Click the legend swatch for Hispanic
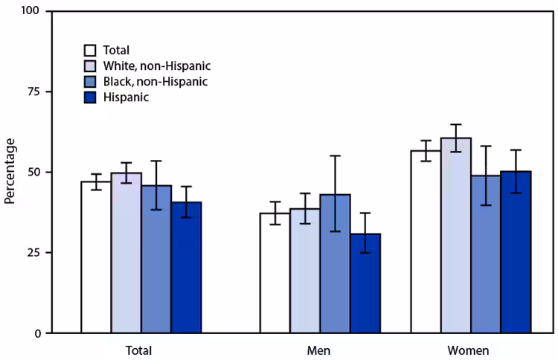89,96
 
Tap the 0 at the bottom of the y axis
36,332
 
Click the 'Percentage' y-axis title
10,173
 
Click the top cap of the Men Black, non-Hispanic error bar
335,155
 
